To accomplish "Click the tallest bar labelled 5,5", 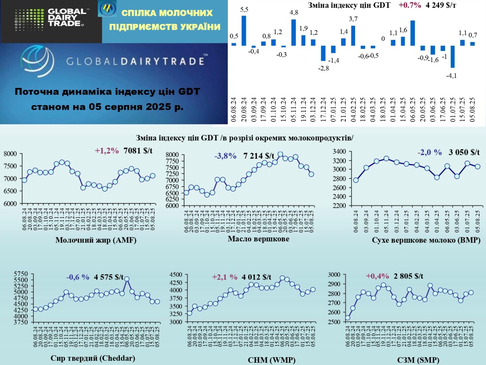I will point(244,30).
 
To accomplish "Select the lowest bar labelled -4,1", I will point(453,57).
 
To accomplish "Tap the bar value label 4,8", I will point(294,13).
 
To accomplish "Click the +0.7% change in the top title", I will point(410,5).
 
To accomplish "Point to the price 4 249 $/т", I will point(441,5).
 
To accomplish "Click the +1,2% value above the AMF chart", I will point(107,151).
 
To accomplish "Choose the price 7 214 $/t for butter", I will point(259,156).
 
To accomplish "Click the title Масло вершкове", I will point(258,239).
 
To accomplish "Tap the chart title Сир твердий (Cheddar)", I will point(93,358).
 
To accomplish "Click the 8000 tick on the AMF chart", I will point(10,154).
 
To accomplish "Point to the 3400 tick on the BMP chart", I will point(340,151).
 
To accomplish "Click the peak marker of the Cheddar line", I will point(127,279).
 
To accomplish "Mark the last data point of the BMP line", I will point(478,166).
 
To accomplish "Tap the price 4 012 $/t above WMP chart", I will point(256,277).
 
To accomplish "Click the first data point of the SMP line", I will point(348,318).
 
